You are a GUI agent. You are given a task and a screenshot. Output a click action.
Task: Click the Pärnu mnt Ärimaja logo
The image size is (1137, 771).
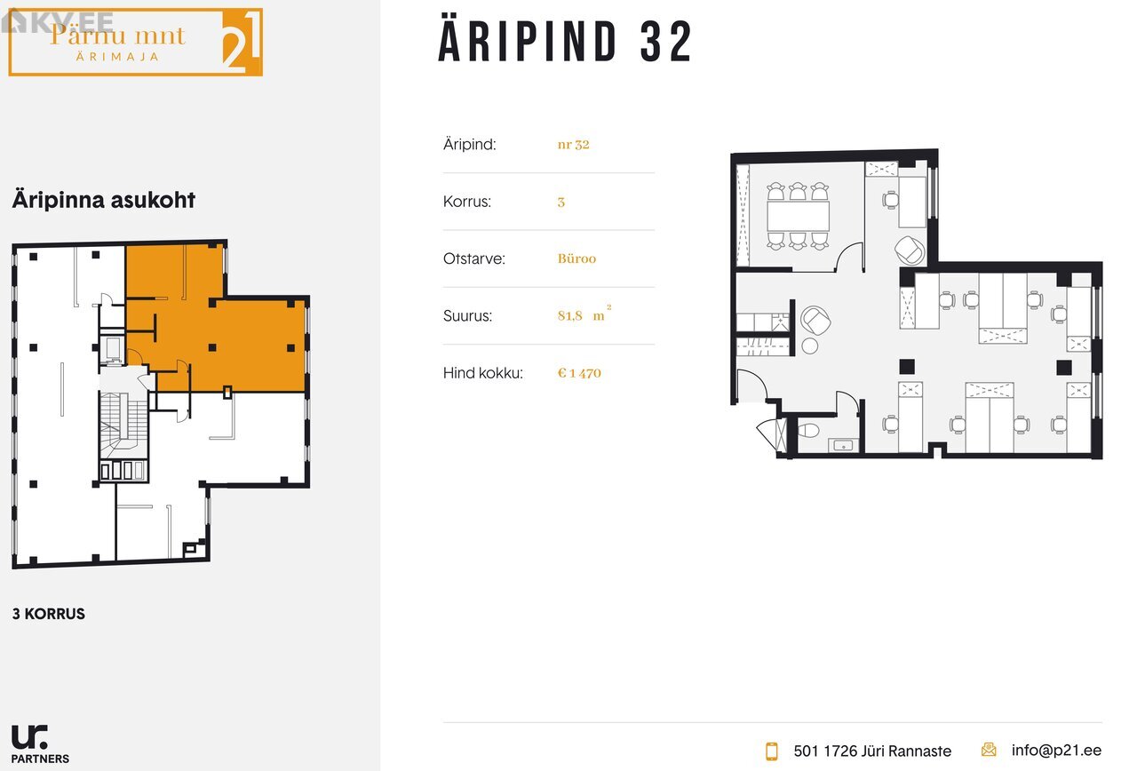pos(136,42)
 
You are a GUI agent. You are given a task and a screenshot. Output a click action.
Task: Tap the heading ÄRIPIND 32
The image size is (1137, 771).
pos(565,42)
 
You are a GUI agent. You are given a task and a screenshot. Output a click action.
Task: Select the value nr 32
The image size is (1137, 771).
pos(573,144)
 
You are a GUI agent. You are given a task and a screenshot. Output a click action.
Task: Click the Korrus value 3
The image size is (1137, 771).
pos(561,202)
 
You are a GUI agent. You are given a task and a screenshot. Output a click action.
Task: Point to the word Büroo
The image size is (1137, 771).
pos(576,258)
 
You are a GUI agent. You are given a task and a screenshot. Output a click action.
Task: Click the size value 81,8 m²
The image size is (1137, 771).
pos(584,314)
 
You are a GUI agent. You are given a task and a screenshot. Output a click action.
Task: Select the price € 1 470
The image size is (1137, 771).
pos(579,373)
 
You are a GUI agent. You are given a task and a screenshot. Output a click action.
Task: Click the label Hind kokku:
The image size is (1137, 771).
pos(482,373)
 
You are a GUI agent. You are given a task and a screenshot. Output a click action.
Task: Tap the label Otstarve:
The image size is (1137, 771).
pos(474,258)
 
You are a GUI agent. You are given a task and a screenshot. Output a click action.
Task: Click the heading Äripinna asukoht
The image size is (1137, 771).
pos(104,200)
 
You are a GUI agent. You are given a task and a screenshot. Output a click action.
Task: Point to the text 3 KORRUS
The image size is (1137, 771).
pos(49,614)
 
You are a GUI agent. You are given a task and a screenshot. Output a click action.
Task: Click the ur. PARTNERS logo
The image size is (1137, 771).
pos(40,744)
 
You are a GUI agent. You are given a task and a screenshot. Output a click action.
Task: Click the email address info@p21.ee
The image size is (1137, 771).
pos(1056,751)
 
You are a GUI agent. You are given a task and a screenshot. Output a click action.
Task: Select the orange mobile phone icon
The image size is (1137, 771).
pos(772,751)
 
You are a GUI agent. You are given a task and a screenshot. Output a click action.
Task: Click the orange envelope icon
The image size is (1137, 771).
pos(989,750)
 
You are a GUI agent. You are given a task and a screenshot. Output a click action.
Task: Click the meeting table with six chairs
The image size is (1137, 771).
pos(798,216)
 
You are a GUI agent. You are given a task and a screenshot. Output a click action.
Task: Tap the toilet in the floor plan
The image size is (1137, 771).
pos(808,431)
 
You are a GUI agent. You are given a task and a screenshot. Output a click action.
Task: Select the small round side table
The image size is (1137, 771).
pos(809,346)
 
